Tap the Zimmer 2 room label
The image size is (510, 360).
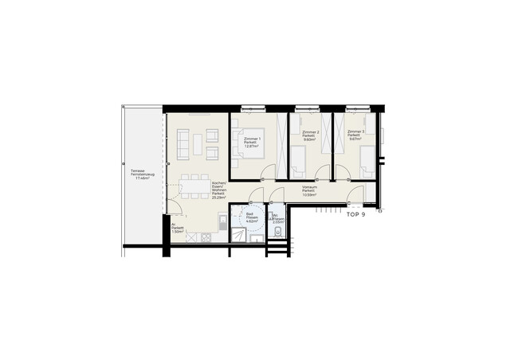tap(311, 136)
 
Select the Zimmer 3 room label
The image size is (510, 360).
tap(355, 136)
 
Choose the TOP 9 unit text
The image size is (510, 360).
tap(355, 213)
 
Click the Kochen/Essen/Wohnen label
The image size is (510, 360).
tap(219, 190)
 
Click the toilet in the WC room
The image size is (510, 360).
tap(276, 233)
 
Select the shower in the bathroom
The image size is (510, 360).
tap(237, 234)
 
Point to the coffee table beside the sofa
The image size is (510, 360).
tap(197, 144)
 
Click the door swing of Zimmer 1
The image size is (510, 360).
tap(269, 169)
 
